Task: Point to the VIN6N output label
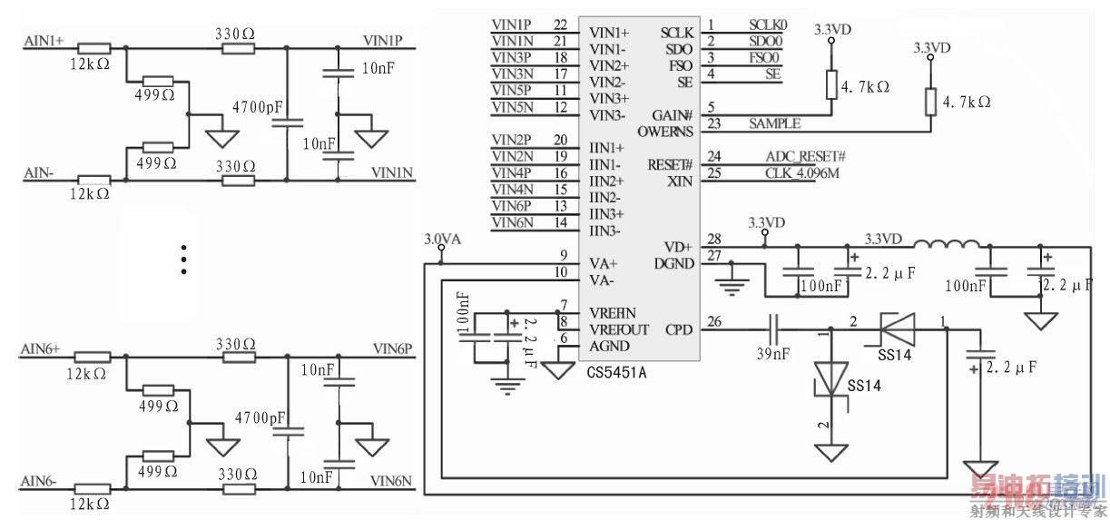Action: coord(391,480)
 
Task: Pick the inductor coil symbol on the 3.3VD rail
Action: coord(947,244)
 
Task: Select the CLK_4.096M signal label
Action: coord(802,172)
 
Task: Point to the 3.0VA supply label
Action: coord(443,240)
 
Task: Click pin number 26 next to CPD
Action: coord(714,320)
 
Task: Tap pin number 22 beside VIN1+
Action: coord(560,25)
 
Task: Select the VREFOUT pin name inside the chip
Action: coord(619,329)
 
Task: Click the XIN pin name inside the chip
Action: coord(680,182)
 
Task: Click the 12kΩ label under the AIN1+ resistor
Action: coord(91,65)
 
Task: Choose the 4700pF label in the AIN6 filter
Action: coord(259,418)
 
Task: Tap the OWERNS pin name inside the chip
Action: coord(664,132)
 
